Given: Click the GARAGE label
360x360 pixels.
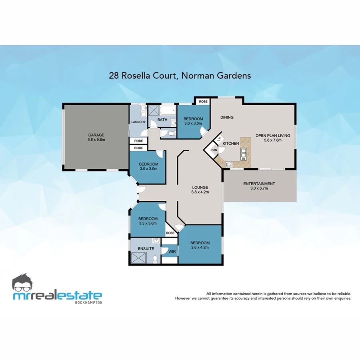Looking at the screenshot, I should (x=96, y=135).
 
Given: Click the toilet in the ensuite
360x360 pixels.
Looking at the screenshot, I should (x=155, y=259).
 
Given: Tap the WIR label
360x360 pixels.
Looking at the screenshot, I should (x=172, y=252).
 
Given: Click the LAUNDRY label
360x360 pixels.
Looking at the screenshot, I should (x=138, y=122).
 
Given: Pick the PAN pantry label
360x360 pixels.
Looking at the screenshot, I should (x=214, y=150).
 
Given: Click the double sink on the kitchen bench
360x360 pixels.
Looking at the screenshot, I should (x=243, y=153).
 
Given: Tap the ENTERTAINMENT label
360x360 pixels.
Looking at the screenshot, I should (x=259, y=184).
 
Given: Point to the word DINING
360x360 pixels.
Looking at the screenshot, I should (x=227, y=118).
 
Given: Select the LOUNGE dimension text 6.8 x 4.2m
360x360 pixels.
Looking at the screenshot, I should (x=200, y=192).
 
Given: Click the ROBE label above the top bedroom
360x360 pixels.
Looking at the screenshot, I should (x=203, y=102).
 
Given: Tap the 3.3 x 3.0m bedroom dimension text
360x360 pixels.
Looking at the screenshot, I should (x=148, y=224).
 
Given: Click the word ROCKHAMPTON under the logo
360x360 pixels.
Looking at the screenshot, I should (x=88, y=302).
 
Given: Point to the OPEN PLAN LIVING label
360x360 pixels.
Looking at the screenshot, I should (x=273, y=136).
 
